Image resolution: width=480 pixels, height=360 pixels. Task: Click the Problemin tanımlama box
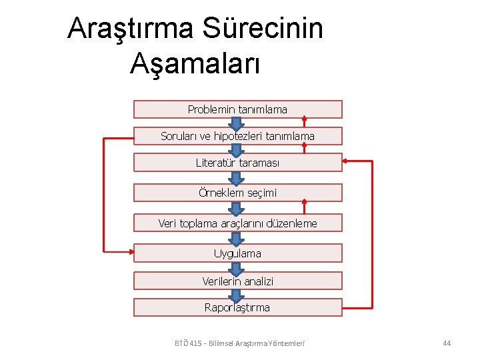[x=237, y=109]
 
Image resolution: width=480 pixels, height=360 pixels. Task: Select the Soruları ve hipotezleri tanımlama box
[x=237, y=136]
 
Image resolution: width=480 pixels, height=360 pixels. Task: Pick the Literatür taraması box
[x=237, y=163]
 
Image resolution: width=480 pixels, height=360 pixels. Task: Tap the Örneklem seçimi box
[x=237, y=193]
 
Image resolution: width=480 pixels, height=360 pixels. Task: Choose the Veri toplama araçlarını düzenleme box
[x=237, y=223]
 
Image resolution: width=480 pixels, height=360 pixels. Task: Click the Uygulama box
[x=237, y=253]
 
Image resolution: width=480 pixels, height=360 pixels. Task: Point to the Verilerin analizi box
[x=237, y=281]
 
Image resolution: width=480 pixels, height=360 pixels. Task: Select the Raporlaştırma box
[x=237, y=307]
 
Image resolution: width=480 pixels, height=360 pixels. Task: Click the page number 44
[x=447, y=343]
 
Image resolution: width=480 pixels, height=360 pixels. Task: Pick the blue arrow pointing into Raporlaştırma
[x=235, y=295]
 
